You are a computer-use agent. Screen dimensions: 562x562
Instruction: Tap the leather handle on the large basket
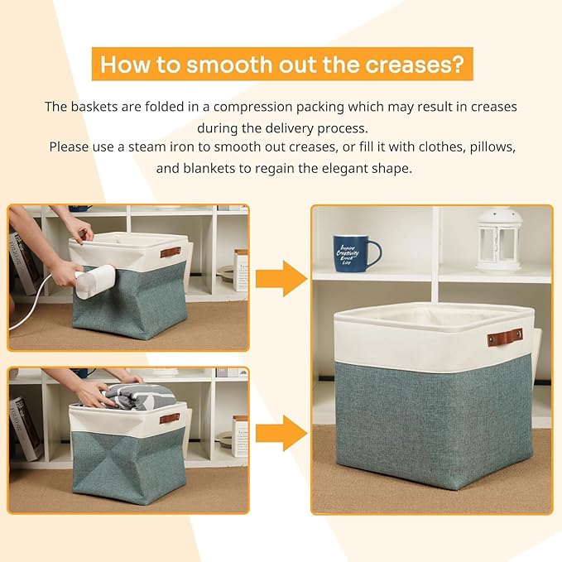pos(505,337)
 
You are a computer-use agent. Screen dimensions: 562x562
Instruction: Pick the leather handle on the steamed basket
pos(170,252)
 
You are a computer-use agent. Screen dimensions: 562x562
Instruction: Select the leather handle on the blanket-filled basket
pos(170,418)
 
